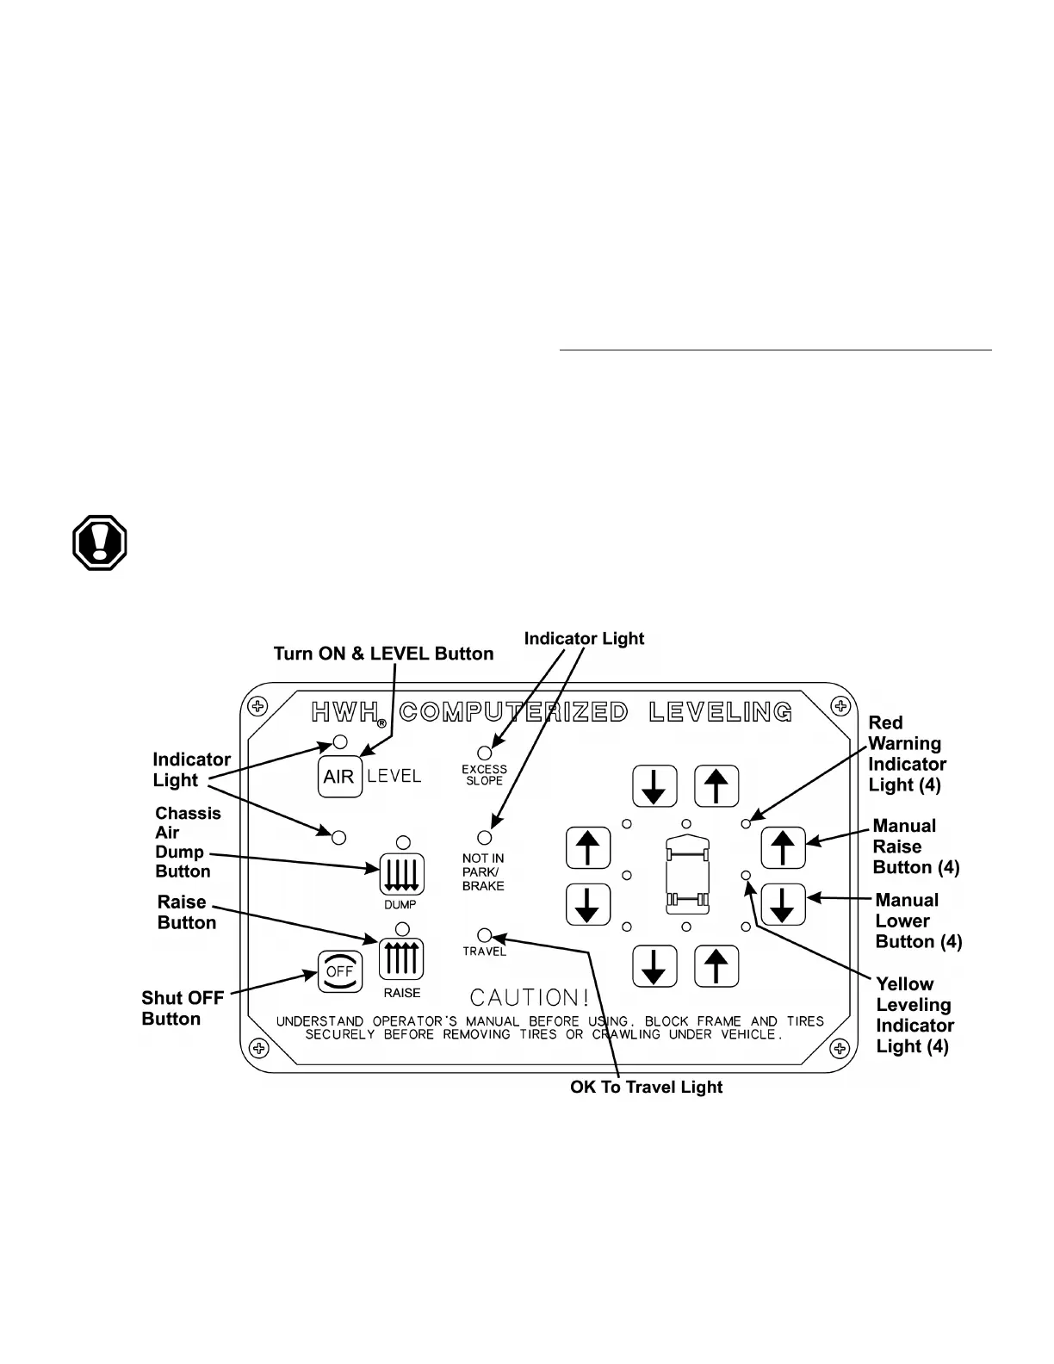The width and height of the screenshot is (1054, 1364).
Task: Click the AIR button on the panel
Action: (x=339, y=777)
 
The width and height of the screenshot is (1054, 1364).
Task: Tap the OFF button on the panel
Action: (x=339, y=971)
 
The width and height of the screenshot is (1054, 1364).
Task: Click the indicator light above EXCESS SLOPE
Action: (x=485, y=753)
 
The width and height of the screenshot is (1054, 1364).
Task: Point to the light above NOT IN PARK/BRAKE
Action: (x=485, y=837)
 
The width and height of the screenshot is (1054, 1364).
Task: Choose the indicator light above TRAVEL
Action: (x=485, y=935)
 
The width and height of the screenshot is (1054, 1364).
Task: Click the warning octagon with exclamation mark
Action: (x=100, y=543)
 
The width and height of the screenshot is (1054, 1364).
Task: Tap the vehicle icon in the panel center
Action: (x=686, y=875)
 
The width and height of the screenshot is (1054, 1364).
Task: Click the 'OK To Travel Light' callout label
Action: (x=646, y=1087)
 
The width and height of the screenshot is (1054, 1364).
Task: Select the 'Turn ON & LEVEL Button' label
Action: (x=383, y=654)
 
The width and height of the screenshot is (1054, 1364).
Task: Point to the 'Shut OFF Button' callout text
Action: (x=182, y=1008)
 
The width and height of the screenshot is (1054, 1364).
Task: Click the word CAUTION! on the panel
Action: (x=530, y=997)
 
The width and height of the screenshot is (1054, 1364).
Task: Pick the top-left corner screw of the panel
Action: (x=257, y=707)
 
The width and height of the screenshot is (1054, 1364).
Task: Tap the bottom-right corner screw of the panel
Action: (x=840, y=1048)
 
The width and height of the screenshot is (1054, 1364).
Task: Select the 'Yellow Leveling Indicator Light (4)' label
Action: (x=914, y=1015)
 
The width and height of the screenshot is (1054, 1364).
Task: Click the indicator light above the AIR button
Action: (x=339, y=741)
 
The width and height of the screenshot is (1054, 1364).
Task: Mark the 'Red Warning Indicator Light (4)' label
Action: (x=906, y=753)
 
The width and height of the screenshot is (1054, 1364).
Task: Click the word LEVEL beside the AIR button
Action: (x=394, y=776)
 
